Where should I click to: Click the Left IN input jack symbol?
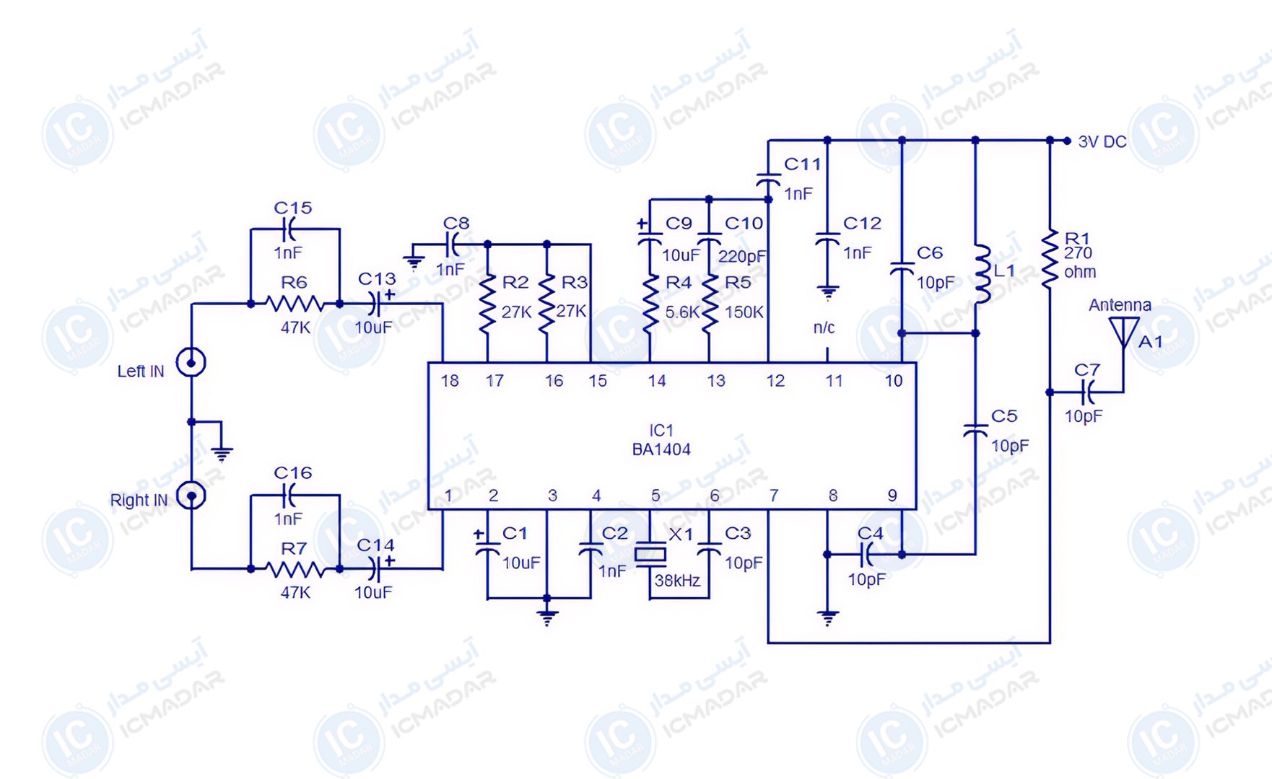(191, 362)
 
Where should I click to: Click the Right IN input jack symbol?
(191, 496)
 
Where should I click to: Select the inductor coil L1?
(983, 273)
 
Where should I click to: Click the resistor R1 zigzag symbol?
(1050, 260)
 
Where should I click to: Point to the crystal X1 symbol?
(650, 554)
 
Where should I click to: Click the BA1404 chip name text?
(661, 449)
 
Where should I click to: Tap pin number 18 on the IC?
(450, 381)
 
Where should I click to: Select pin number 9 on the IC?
(892, 496)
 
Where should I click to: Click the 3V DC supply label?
(1102, 141)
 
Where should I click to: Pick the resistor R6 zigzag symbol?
(295, 304)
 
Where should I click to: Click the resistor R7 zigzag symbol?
(295, 569)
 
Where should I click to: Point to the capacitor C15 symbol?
(289, 229)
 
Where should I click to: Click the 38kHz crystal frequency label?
(677, 581)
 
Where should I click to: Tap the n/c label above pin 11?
(824, 327)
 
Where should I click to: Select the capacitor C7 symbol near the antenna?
(1087, 392)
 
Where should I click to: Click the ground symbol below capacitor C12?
(827, 293)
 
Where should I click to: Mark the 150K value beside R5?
(744, 312)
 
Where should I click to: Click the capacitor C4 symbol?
(866, 555)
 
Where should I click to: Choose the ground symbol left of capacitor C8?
(414, 262)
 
